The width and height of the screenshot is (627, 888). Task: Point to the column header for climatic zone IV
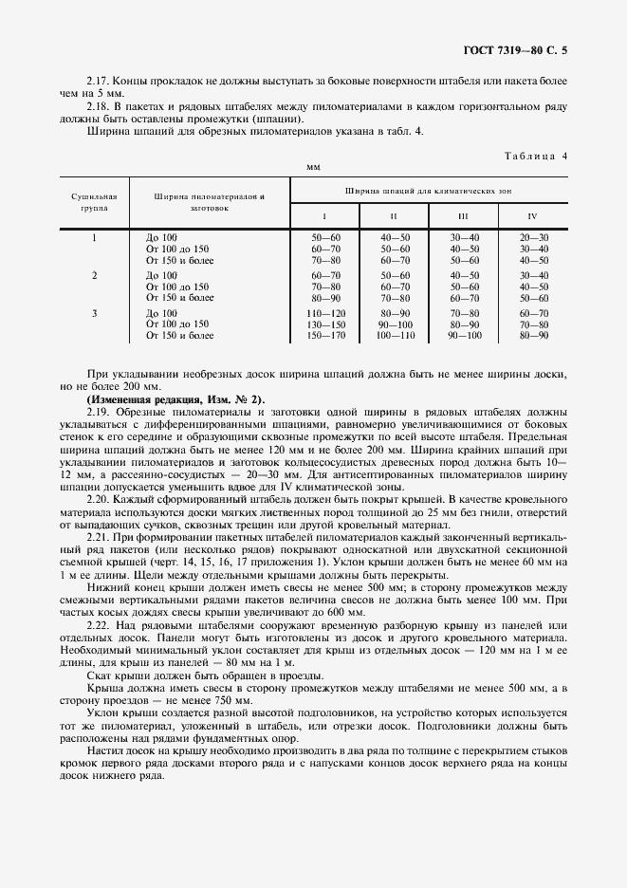[533, 215]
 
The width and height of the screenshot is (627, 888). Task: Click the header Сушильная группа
[94, 200]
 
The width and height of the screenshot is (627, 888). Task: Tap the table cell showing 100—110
[395, 335]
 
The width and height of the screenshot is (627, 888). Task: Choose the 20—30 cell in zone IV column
[534, 236]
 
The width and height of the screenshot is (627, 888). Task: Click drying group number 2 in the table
[94, 275]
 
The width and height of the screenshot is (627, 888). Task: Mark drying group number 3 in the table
[94, 312]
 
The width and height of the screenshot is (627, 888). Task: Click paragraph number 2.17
[99, 83]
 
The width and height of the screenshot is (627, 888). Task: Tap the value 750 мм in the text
[235, 699]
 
